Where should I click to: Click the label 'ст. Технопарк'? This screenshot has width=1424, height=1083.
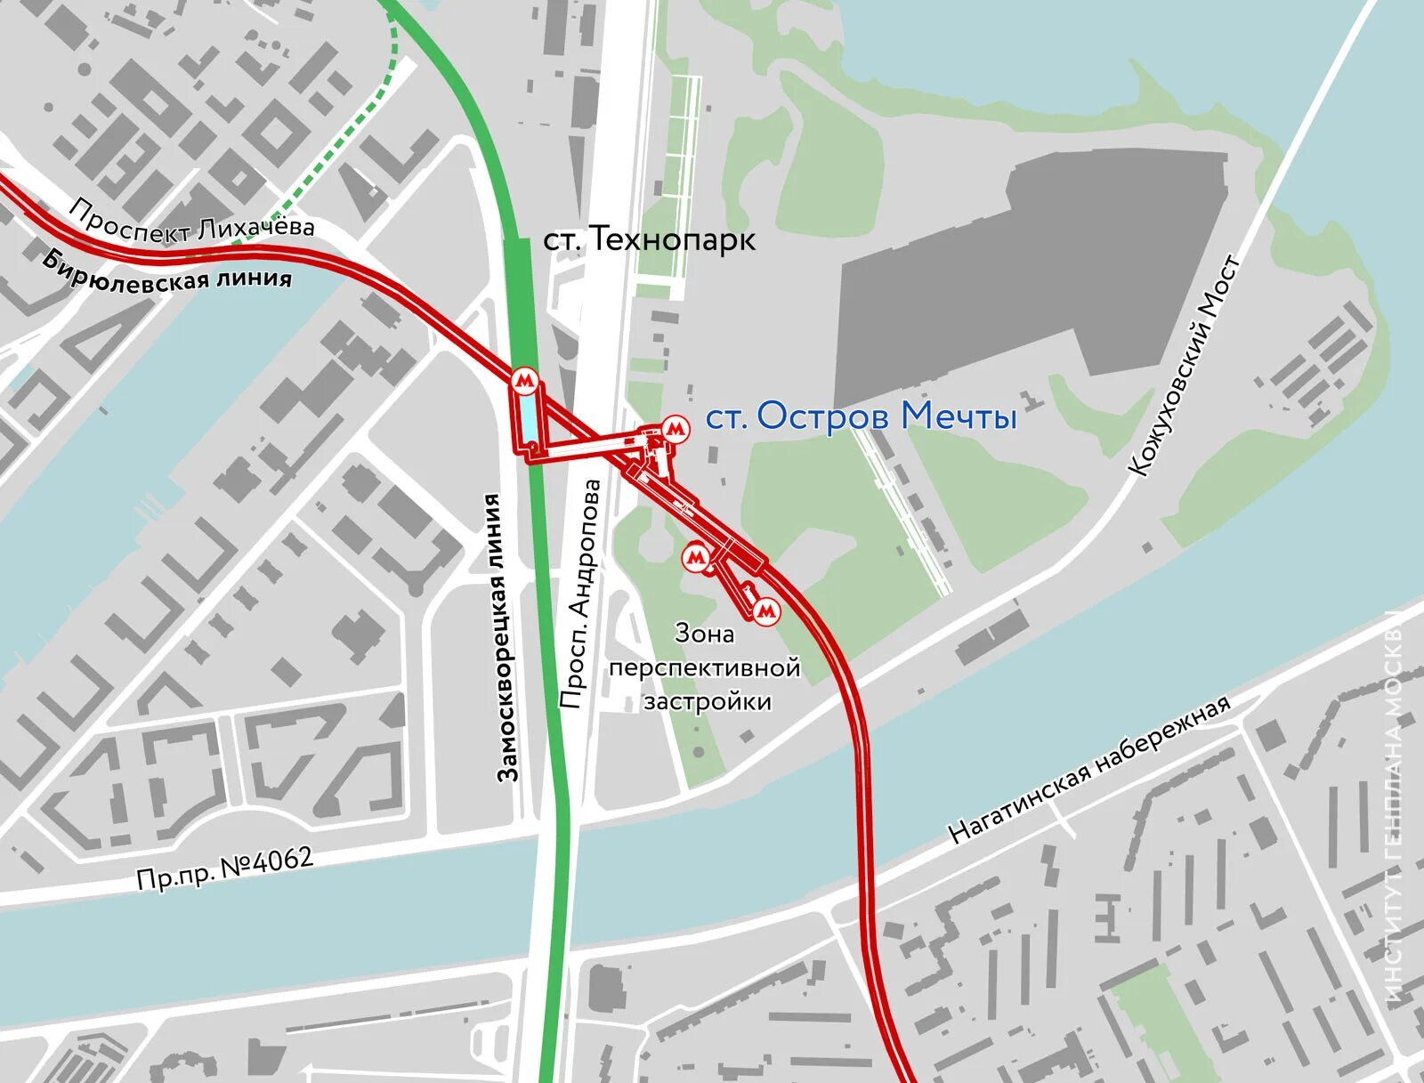pyautogui.click(x=650, y=239)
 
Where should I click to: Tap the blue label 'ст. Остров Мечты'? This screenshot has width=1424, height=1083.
pyautogui.click(x=861, y=416)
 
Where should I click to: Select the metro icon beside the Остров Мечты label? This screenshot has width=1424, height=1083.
pyautogui.click(x=676, y=430)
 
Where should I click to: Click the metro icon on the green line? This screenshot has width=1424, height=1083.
pyautogui.click(x=525, y=383)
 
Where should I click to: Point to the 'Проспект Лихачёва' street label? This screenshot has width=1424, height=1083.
pyautogui.click(x=191, y=222)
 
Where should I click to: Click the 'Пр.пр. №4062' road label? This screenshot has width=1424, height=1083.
pyautogui.click(x=225, y=868)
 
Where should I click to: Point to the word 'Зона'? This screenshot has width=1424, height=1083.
pyautogui.click(x=705, y=634)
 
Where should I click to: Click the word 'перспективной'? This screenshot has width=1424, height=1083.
pyautogui.click(x=705, y=667)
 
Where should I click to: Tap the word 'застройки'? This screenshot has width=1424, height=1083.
pyautogui.click(x=708, y=701)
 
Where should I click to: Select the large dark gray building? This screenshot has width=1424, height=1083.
pyautogui.click(x=1032, y=267)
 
